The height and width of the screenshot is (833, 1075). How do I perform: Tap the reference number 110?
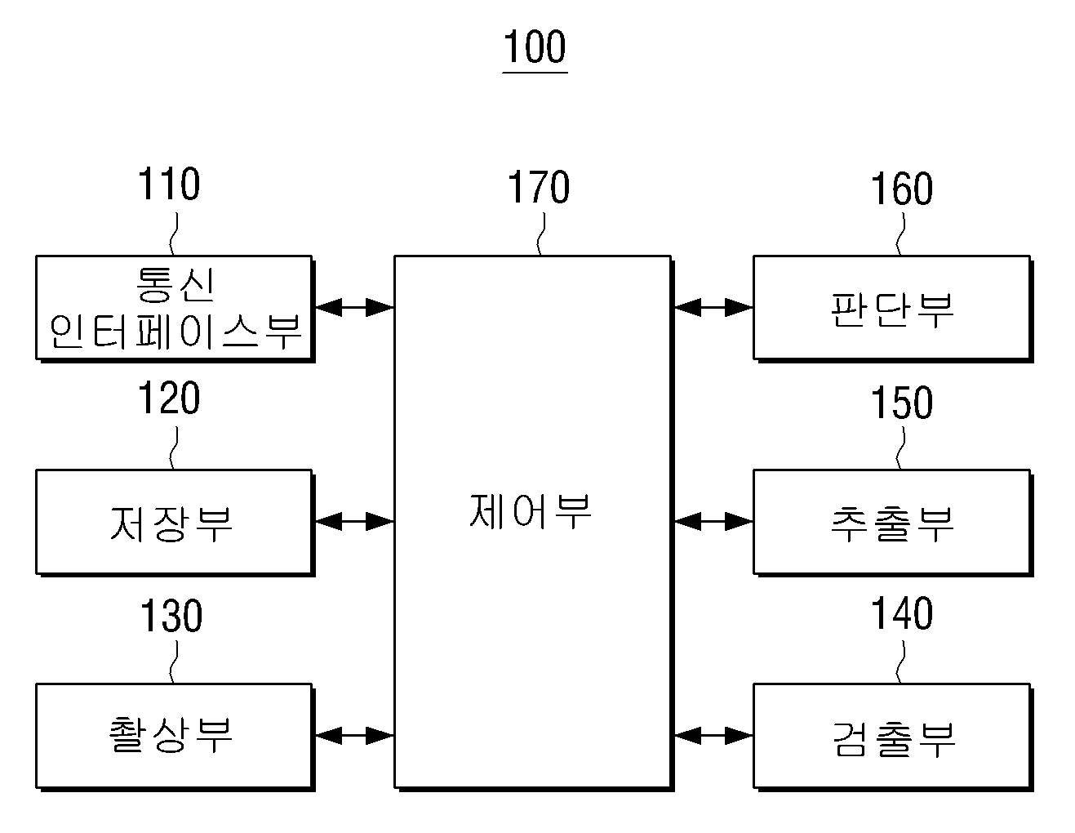pyautogui.click(x=169, y=184)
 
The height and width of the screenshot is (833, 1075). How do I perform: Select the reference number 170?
pyautogui.click(x=539, y=186)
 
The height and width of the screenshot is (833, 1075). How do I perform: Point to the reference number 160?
pyautogui.click(x=902, y=189)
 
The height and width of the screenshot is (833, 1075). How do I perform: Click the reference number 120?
pyautogui.click(x=169, y=398)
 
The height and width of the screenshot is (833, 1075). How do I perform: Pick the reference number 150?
pyautogui.click(x=902, y=403)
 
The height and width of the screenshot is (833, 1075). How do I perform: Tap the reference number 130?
pyautogui.click(x=171, y=615)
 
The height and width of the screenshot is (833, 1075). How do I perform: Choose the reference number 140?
pyautogui.click(x=902, y=613)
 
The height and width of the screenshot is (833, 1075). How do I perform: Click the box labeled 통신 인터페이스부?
pyautogui.click(x=175, y=309)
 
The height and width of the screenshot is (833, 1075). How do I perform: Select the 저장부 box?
pyautogui.click(x=175, y=523)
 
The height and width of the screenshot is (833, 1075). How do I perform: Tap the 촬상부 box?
pyautogui.click(x=175, y=737)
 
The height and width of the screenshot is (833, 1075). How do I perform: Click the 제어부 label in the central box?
pyautogui.click(x=531, y=512)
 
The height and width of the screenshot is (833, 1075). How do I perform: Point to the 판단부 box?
pyautogui.click(x=893, y=309)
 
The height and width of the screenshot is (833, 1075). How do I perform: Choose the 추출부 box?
pyautogui.click(x=893, y=523)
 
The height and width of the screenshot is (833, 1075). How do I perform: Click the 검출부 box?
pyautogui.click(x=893, y=737)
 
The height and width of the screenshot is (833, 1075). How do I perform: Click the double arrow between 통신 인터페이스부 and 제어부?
pyautogui.click(x=354, y=307)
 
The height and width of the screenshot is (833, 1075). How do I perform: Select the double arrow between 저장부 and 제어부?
pyautogui.click(x=354, y=522)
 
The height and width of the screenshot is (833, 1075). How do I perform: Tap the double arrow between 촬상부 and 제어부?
pyautogui.click(x=354, y=736)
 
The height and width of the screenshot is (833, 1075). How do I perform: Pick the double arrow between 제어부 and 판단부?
pyautogui.click(x=713, y=307)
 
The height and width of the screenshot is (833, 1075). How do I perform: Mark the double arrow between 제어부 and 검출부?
pyautogui.click(x=713, y=736)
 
